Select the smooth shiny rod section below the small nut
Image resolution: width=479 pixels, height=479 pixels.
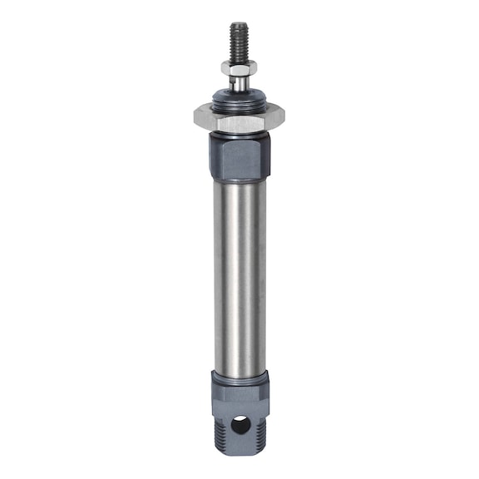pyautogui.click(x=239, y=83)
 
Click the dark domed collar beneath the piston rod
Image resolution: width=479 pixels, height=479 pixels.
pyautogui.click(x=239, y=99)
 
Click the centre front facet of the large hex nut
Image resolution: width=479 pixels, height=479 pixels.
pyautogui.click(x=239, y=121)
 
